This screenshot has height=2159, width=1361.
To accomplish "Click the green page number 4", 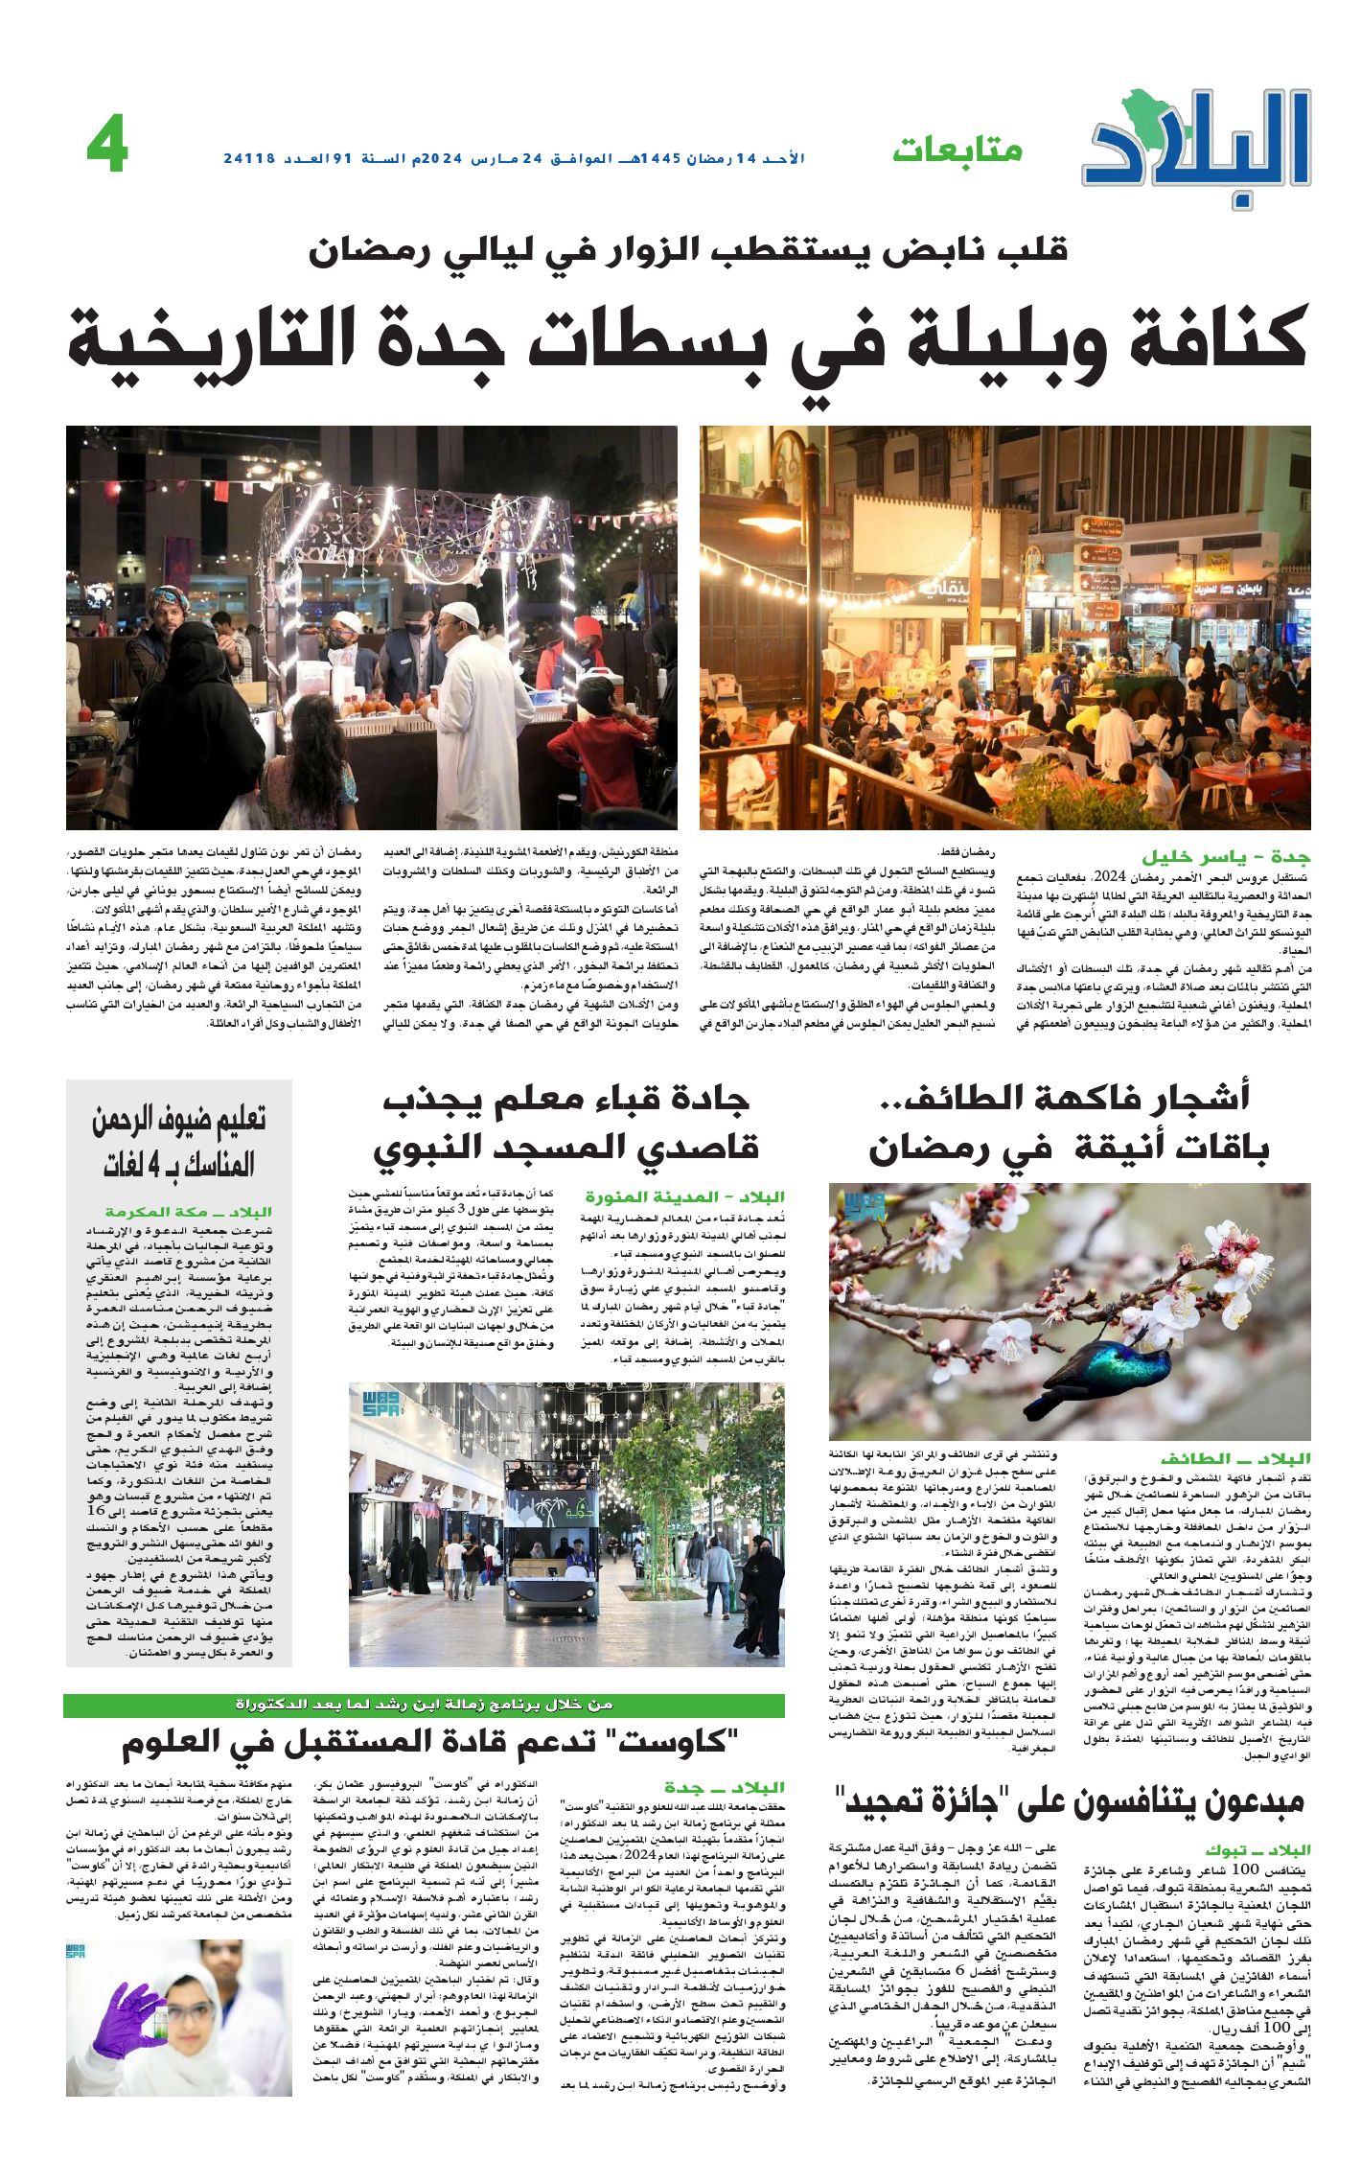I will click(x=106, y=149).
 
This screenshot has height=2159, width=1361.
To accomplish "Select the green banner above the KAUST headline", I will click(x=424, y=1705).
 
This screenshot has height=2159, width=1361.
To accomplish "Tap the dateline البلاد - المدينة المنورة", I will click(x=684, y=1196).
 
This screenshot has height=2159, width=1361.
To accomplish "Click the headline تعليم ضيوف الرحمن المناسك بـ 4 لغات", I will click(x=179, y=1141).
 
